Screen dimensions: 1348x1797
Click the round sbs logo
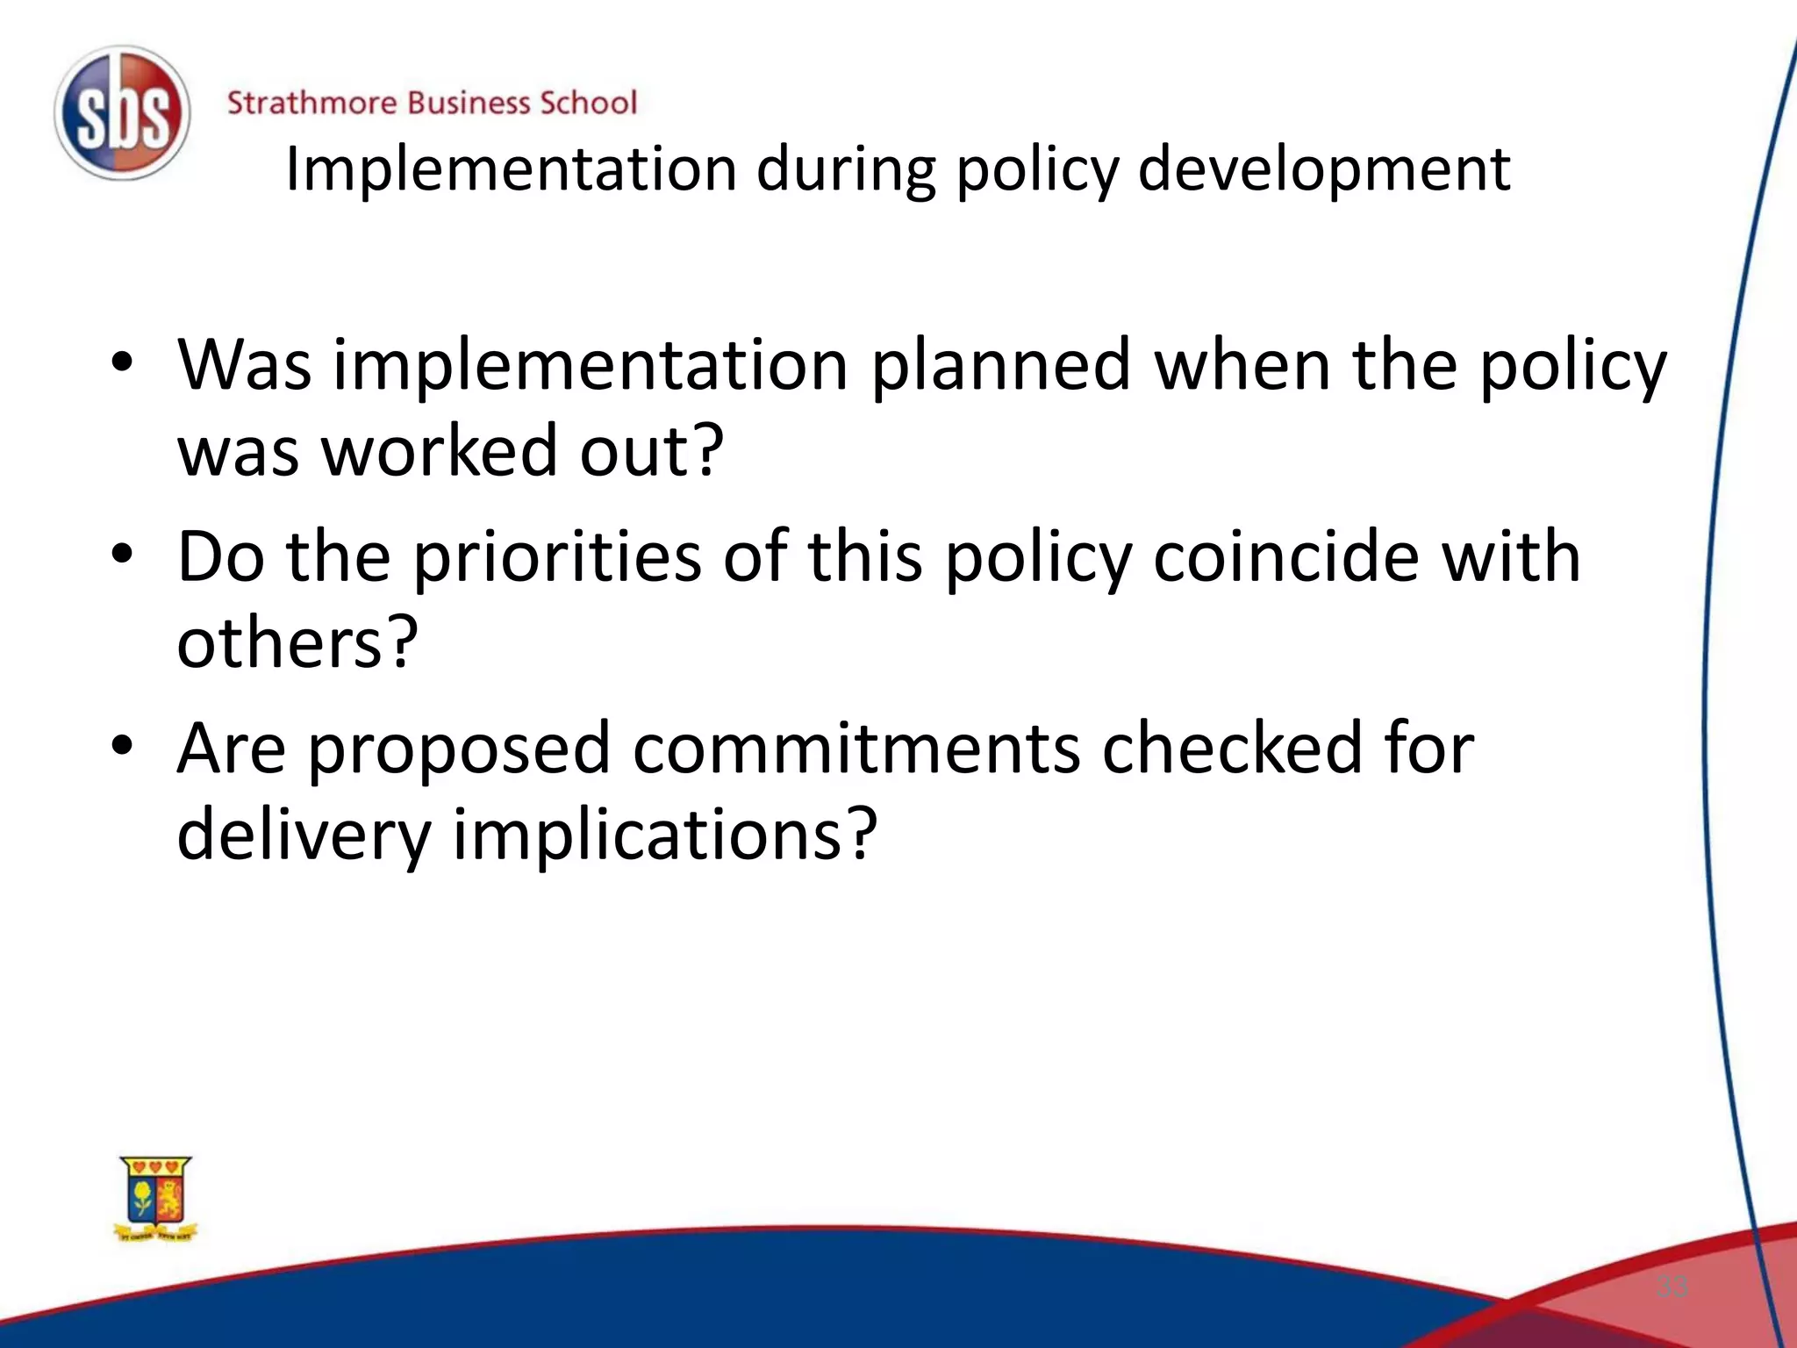(x=121, y=114)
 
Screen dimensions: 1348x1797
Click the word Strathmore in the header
(x=311, y=104)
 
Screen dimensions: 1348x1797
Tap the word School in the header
(x=587, y=104)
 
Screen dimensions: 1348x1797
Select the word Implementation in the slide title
(x=511, y=168)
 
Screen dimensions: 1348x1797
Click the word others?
(x=297, y=642)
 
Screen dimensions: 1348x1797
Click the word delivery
(x=304, y=835)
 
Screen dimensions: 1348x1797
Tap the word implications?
(x=664, y=835)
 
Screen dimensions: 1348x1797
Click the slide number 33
(x=1672, y=1287)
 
